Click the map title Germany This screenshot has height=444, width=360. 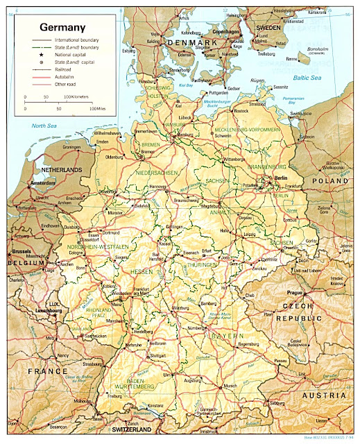62,28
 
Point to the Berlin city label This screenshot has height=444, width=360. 280,178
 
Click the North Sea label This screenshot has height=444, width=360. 43,126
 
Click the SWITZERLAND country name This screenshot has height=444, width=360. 130,430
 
